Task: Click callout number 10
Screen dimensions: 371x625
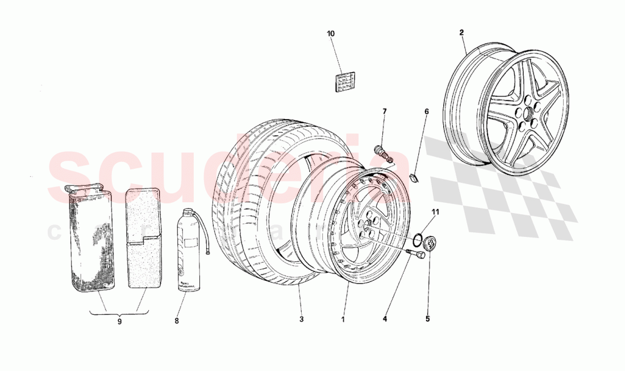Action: [330, 34]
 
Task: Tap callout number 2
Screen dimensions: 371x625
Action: [461, 33]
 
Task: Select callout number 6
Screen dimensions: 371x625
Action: [426, 112]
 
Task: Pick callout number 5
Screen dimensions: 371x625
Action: [427, 319]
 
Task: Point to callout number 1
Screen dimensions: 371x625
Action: [343, 319]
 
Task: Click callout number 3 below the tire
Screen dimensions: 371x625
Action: [301, 319]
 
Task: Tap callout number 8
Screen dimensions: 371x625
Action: [176, 320]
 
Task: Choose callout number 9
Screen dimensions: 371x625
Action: [119, 321]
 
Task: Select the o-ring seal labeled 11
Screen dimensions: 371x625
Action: [417, 239]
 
